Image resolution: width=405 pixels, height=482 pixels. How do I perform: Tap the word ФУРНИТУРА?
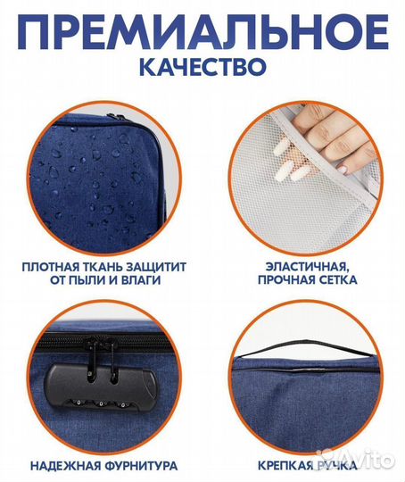click(x=143, y=465)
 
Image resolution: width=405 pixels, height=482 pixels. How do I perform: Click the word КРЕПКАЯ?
click(x=285, y=465)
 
